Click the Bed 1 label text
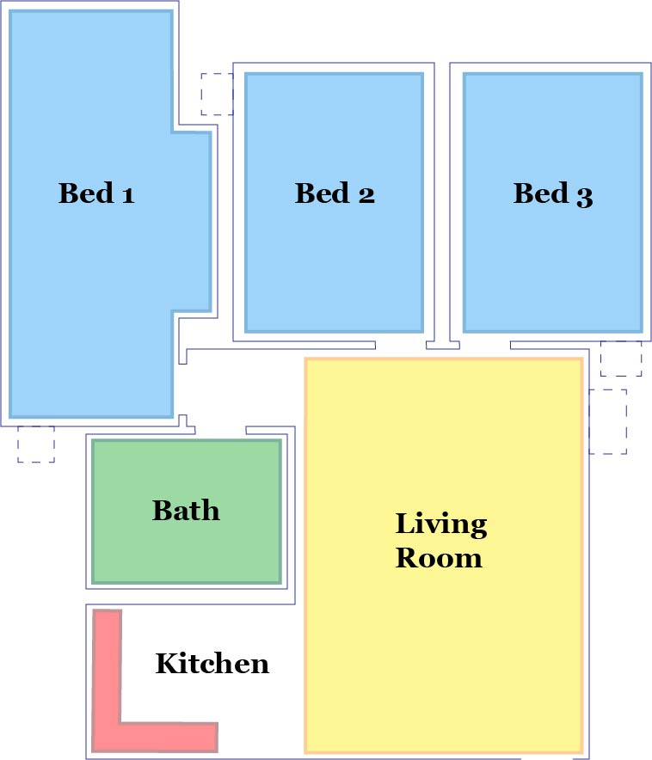[x=96, y=193]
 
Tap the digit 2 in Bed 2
[x=366, y=195]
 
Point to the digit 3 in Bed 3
[x=585, y=197]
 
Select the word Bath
[x=186, y=510]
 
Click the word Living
[x=441, y=524]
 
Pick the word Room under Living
[x=439, y=557]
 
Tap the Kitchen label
[x=212, y=663]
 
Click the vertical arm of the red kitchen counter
[x=107, y=666]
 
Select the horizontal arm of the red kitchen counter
[x=155, y=738]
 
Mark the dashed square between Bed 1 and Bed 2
[x=217, y=94]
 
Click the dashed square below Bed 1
[x=36, y=444]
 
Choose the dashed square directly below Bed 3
[x=621, y=359]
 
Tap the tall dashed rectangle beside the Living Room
[x=608, y=421]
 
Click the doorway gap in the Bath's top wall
[x=220, y=431]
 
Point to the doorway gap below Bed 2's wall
[x=401, y=345]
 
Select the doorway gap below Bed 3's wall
[x=485, y=345]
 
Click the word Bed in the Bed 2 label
[x=323, y=193]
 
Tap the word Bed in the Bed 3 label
[x=540, y=193]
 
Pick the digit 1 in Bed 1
[x=128, y=195]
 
